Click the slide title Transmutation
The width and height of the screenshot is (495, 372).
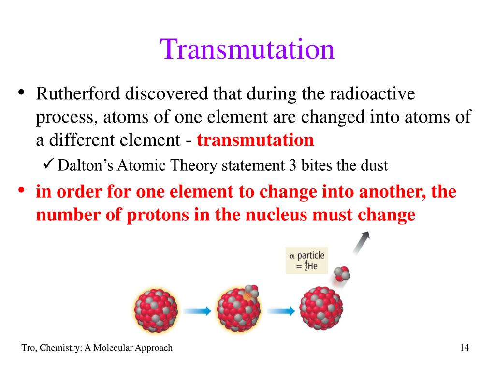247,49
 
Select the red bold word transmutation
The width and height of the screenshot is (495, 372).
255,140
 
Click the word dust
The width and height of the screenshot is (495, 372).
374,166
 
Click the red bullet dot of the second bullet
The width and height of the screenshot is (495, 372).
22,190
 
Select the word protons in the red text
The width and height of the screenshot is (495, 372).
153,215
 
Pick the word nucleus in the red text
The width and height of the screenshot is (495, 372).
276,215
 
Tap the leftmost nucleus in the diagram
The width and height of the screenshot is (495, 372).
156,310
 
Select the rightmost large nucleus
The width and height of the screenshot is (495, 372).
321,308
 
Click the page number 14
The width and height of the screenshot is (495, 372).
465,348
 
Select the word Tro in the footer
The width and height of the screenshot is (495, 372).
28,348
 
